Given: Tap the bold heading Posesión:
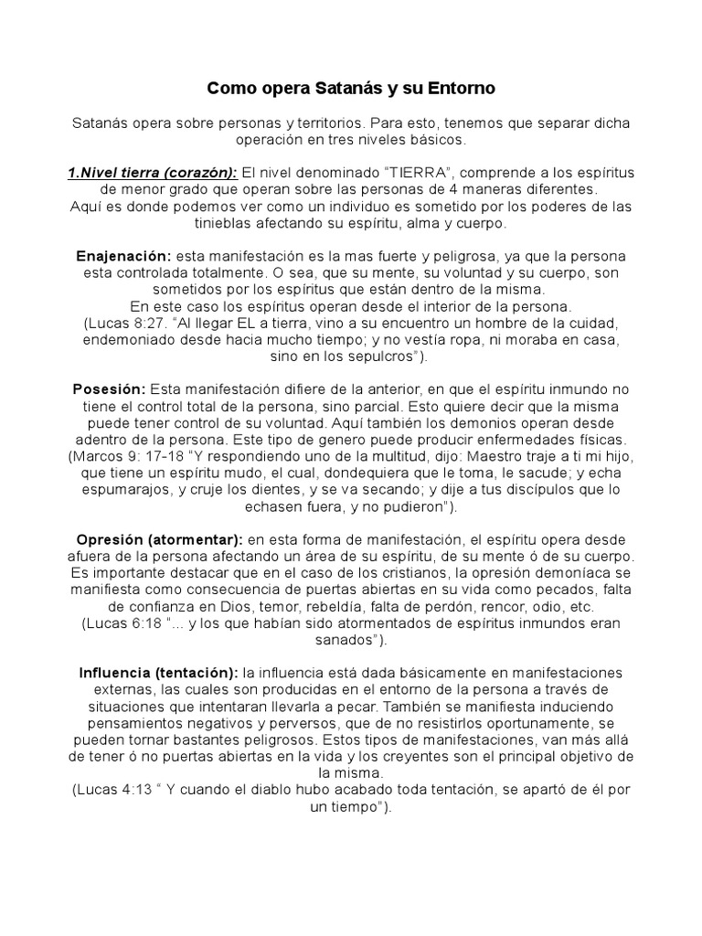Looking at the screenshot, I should coord(109,389).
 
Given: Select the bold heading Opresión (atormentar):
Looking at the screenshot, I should coord(160,539).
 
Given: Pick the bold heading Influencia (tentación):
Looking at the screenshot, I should coord(159,673).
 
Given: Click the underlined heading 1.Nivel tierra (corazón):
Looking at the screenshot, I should coord(152,173).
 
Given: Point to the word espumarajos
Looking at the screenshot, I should coord(122,490).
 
